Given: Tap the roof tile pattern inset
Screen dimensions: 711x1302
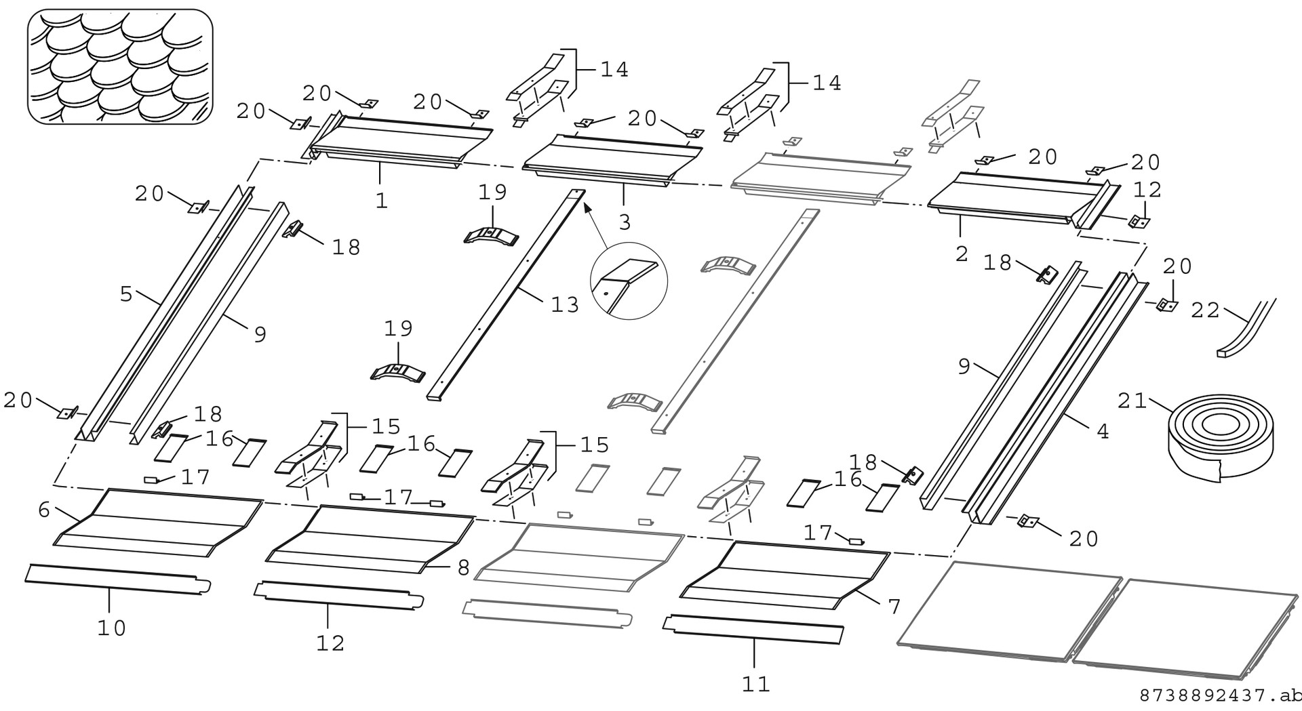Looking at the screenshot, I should click(120, 67).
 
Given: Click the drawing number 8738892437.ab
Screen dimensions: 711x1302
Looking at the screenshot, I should click(1220, 696).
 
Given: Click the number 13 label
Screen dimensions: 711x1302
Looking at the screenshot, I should click(565, 304).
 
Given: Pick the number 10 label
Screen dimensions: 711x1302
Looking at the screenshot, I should click(111, 628).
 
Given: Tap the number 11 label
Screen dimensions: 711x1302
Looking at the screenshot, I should click(755, 683).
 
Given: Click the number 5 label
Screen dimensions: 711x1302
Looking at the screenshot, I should click(125, 293).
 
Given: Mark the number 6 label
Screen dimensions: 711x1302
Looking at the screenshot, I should click(44, 510).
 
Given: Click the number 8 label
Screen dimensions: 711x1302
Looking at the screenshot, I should click(463, 568).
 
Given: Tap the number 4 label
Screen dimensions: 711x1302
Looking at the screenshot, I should click(1103, 432).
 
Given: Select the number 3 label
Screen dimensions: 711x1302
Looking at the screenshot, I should click(624, 222).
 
